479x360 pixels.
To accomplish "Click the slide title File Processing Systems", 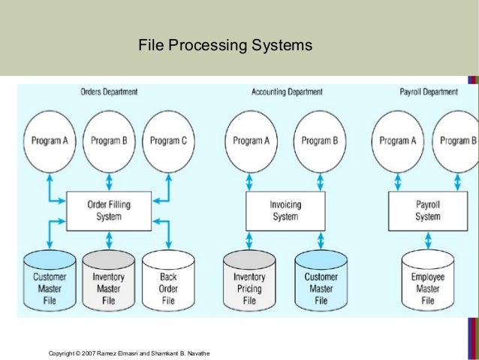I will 224,47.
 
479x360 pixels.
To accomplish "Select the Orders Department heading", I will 109,92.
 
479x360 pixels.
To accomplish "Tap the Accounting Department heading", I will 287,92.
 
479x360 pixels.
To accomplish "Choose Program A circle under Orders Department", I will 50,141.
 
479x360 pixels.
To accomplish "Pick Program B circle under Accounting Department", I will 321,141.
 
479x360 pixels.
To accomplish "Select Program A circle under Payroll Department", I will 398,141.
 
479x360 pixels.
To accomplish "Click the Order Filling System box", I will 109,210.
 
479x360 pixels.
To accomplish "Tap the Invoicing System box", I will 285,210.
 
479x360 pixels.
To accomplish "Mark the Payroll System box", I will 427,210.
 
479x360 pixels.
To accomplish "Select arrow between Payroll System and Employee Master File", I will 427,240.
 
